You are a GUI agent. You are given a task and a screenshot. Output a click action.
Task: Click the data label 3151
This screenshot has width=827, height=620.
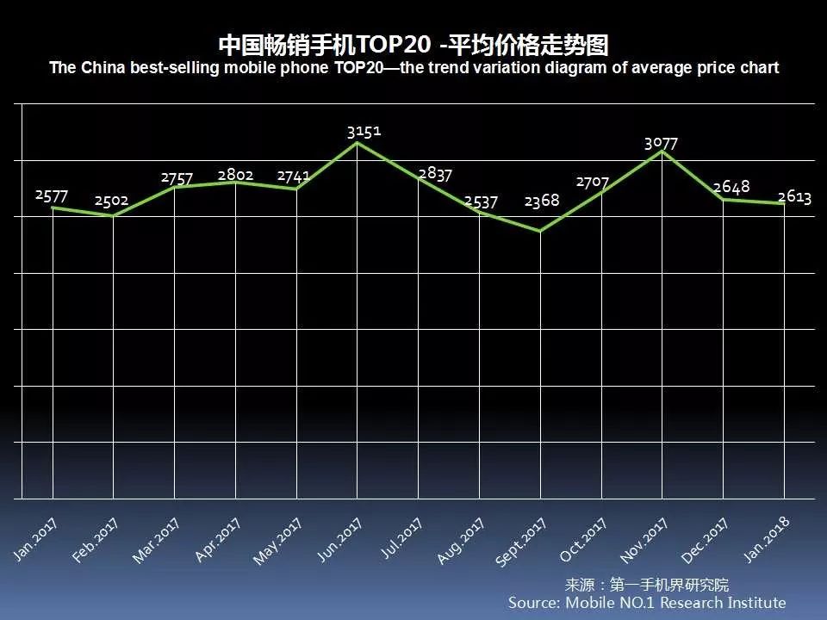pos(364,132)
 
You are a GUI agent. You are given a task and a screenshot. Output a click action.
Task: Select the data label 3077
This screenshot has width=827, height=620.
pos(661,144)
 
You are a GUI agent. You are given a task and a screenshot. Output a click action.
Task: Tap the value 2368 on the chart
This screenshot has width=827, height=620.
pos(541,201)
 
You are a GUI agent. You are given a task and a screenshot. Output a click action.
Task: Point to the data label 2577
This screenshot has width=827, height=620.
pos(52,195)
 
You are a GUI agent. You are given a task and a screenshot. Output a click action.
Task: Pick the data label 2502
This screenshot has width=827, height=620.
pos(111,201)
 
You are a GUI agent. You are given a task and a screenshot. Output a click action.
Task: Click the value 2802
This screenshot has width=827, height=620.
pos(235,175)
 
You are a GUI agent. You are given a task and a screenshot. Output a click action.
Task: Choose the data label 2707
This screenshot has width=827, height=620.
pos(593,183)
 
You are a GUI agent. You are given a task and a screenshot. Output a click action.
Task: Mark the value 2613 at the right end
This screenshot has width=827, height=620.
pos(794,197)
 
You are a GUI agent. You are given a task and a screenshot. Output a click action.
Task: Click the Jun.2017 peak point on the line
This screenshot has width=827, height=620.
pos(358,142)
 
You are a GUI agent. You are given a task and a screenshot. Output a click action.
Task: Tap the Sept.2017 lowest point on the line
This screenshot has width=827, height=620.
pos(540,231)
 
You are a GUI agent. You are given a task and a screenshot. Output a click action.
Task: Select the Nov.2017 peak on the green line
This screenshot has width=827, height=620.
pos(662,151)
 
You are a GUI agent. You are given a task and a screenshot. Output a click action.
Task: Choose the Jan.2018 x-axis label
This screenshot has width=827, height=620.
pos(767,539)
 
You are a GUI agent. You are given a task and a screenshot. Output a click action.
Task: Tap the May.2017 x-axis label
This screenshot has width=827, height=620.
pos(277,541)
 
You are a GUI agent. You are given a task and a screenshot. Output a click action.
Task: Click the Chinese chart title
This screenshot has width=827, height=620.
pos(413,44)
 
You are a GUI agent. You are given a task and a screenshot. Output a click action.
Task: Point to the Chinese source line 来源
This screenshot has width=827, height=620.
pos(646,585)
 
